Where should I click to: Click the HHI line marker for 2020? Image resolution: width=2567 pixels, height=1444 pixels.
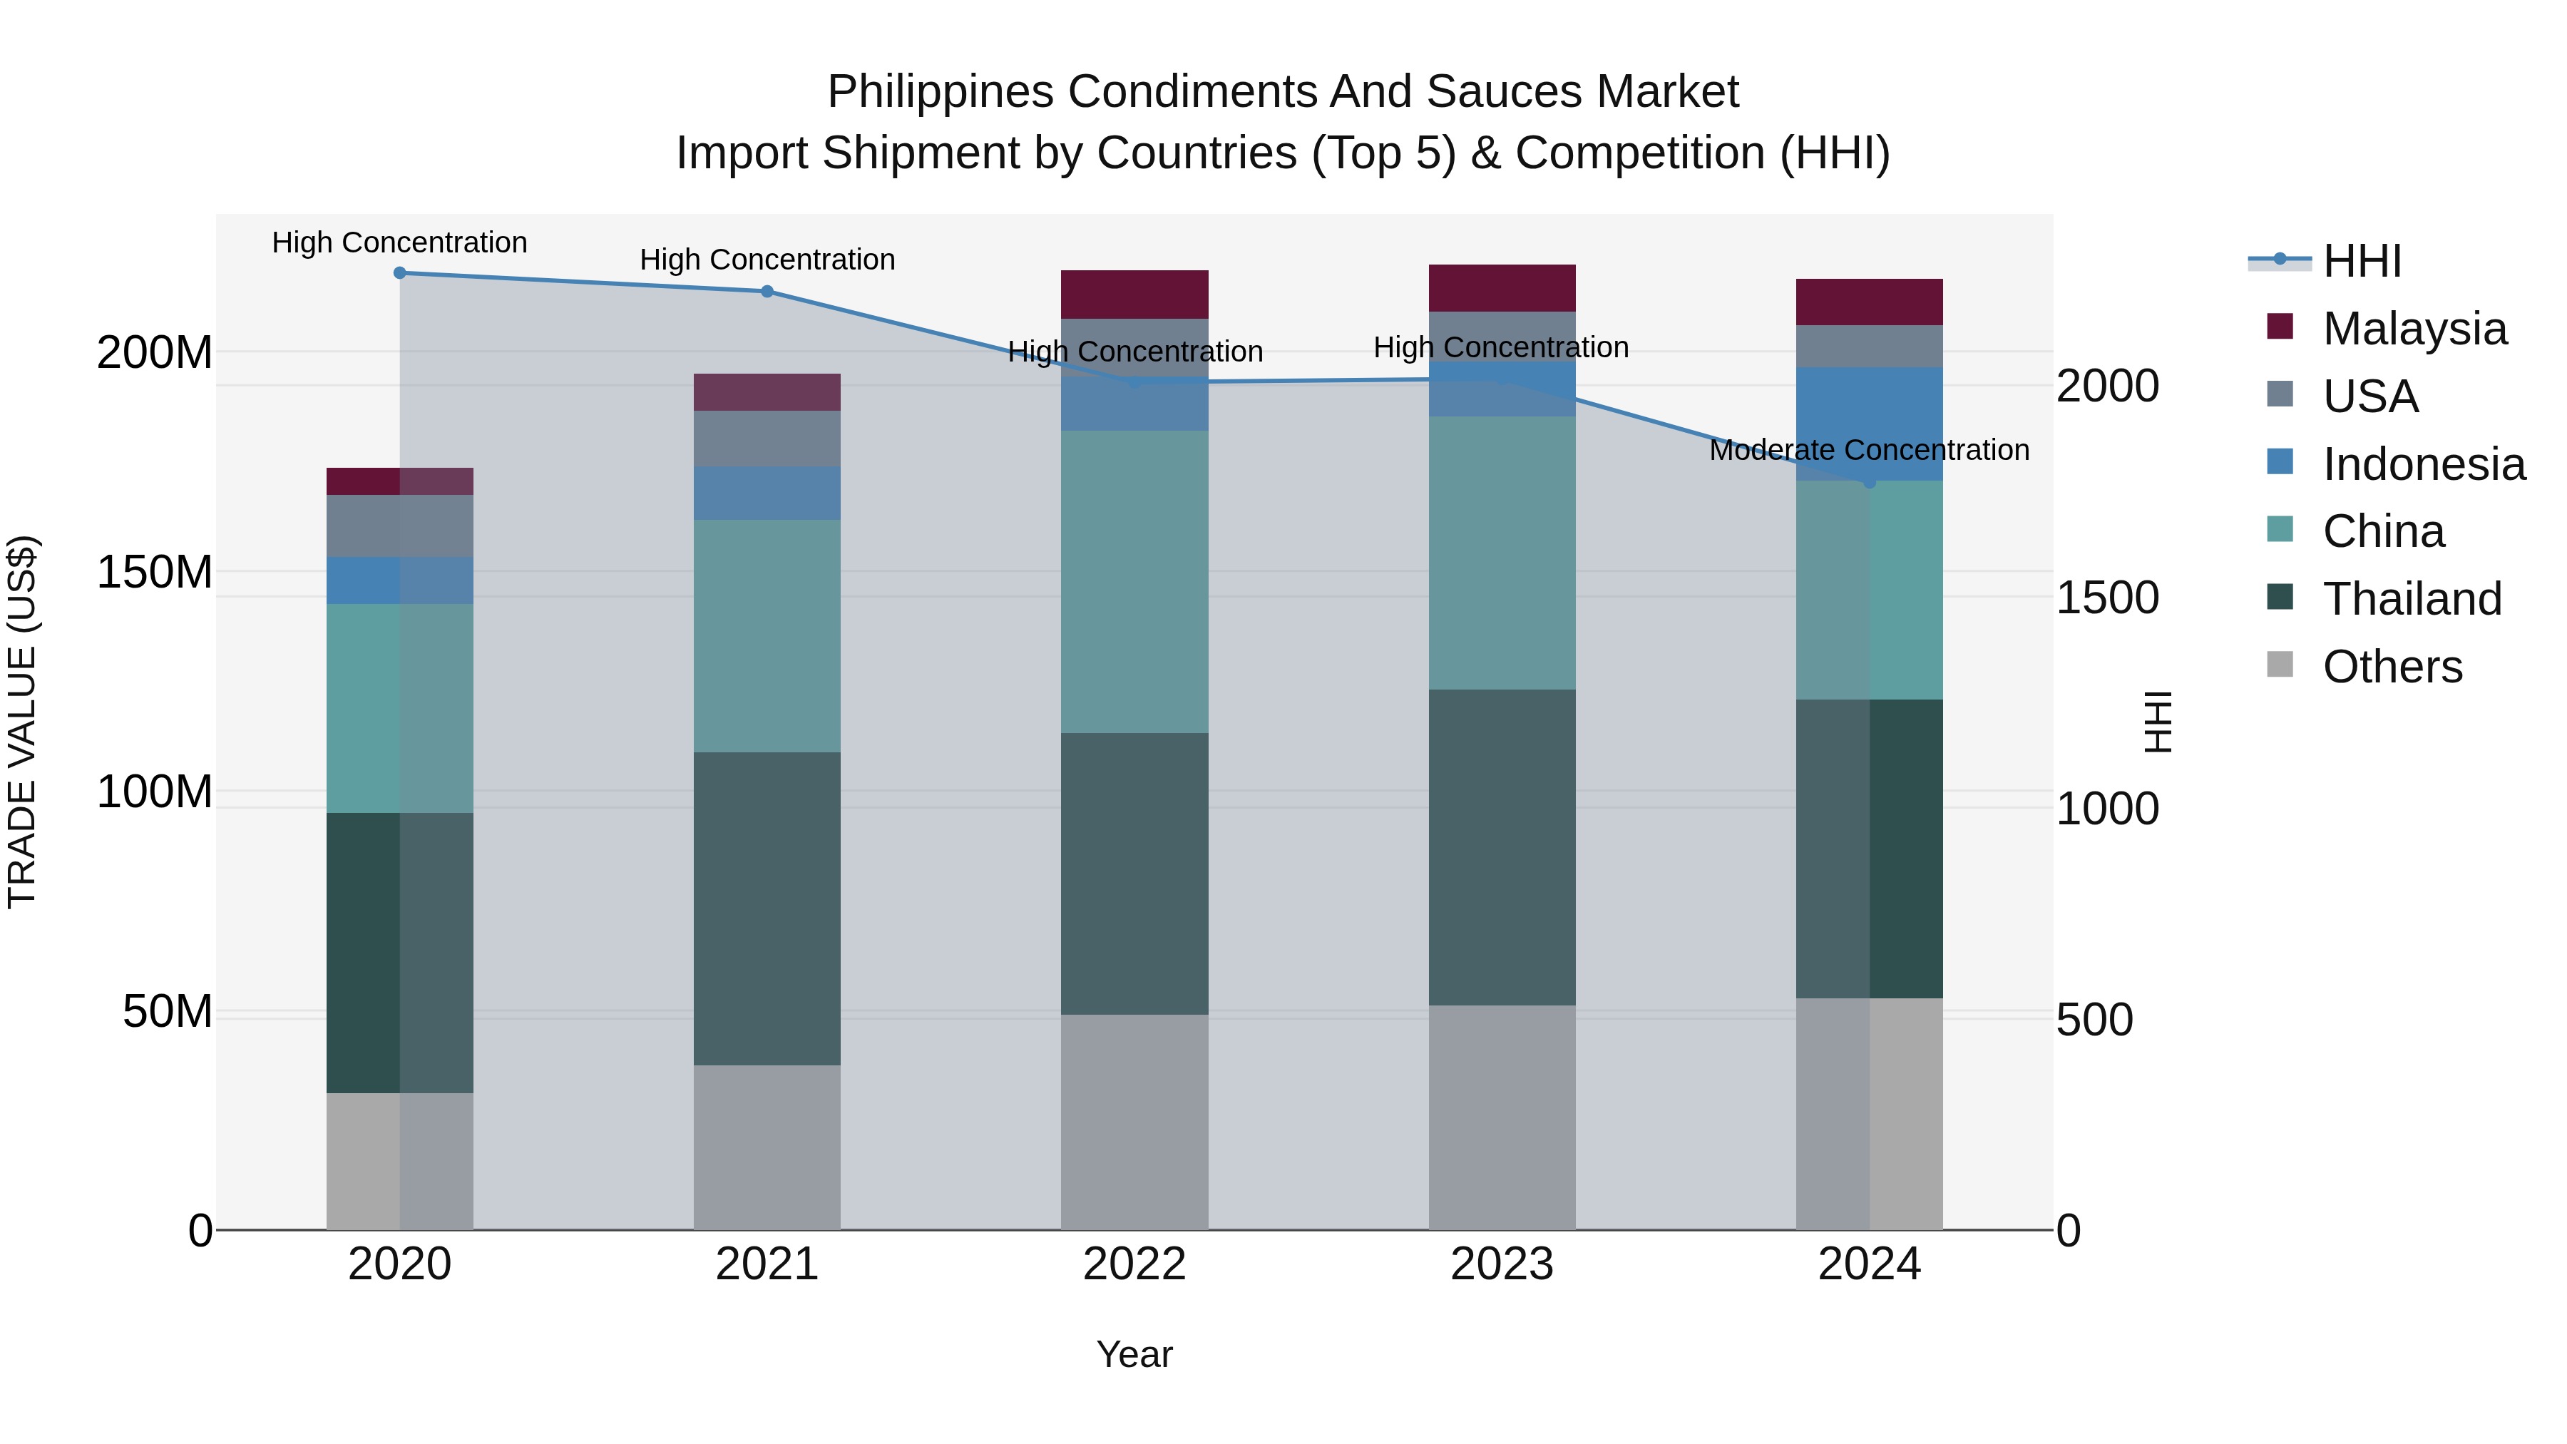pos(399,272)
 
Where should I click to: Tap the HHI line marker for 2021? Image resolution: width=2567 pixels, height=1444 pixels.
pos(767,291)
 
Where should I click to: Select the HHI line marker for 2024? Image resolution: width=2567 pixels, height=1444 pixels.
pos(1868,482)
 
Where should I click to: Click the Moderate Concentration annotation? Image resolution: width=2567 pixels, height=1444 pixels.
pos(1868,451)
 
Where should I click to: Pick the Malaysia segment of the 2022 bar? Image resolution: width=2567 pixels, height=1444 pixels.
pos(1134,294)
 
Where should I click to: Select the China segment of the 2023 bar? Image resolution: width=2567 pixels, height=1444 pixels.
pos(1502,553)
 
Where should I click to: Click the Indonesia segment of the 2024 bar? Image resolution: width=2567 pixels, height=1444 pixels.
pos(1868,424)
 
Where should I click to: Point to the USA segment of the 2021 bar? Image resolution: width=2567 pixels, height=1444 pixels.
pos(767,439)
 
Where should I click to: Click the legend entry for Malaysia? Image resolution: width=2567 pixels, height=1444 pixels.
pos(2414,329)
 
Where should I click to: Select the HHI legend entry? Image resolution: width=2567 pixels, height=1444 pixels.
pos(2361,261)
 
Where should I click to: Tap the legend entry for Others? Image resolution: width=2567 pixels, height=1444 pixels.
pos(2392,667)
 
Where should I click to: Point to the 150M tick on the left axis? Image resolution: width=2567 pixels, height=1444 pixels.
pos(155,572)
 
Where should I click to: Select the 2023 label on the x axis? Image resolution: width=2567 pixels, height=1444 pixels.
pos(1502,1264)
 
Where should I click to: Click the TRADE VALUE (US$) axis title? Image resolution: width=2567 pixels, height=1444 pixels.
pos(22,722)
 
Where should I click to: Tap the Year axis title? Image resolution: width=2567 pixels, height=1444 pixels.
pos(1134,1354)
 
